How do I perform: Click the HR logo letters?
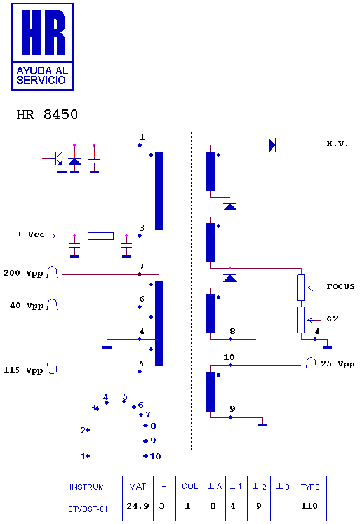[x=43, y=32]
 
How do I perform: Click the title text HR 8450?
[x=47, y=114]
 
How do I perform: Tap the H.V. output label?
[x=337, y=144]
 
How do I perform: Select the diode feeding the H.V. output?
[x=272, y=145]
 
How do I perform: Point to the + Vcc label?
[x=30, y=234]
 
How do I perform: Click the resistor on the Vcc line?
[x=100, y=236]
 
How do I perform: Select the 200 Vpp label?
[x=23, y=273]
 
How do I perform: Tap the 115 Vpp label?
[x=23, y=370]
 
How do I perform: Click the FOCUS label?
[x=340, y=286]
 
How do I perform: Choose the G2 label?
[x=332, y=319]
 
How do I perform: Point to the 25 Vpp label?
[x=337, y=364]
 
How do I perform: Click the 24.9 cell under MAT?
[x=138, y=506]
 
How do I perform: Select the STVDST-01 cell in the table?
[x=88, y=509]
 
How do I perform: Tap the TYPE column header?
[x=310, y=487]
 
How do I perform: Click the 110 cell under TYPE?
[x=309, y=506]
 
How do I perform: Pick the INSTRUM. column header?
[x=88, y=487]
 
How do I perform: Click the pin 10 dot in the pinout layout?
[x=145, y=456]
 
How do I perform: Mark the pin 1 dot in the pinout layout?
[x=88, y=456]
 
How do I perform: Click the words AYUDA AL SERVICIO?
[x=43, y=75]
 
